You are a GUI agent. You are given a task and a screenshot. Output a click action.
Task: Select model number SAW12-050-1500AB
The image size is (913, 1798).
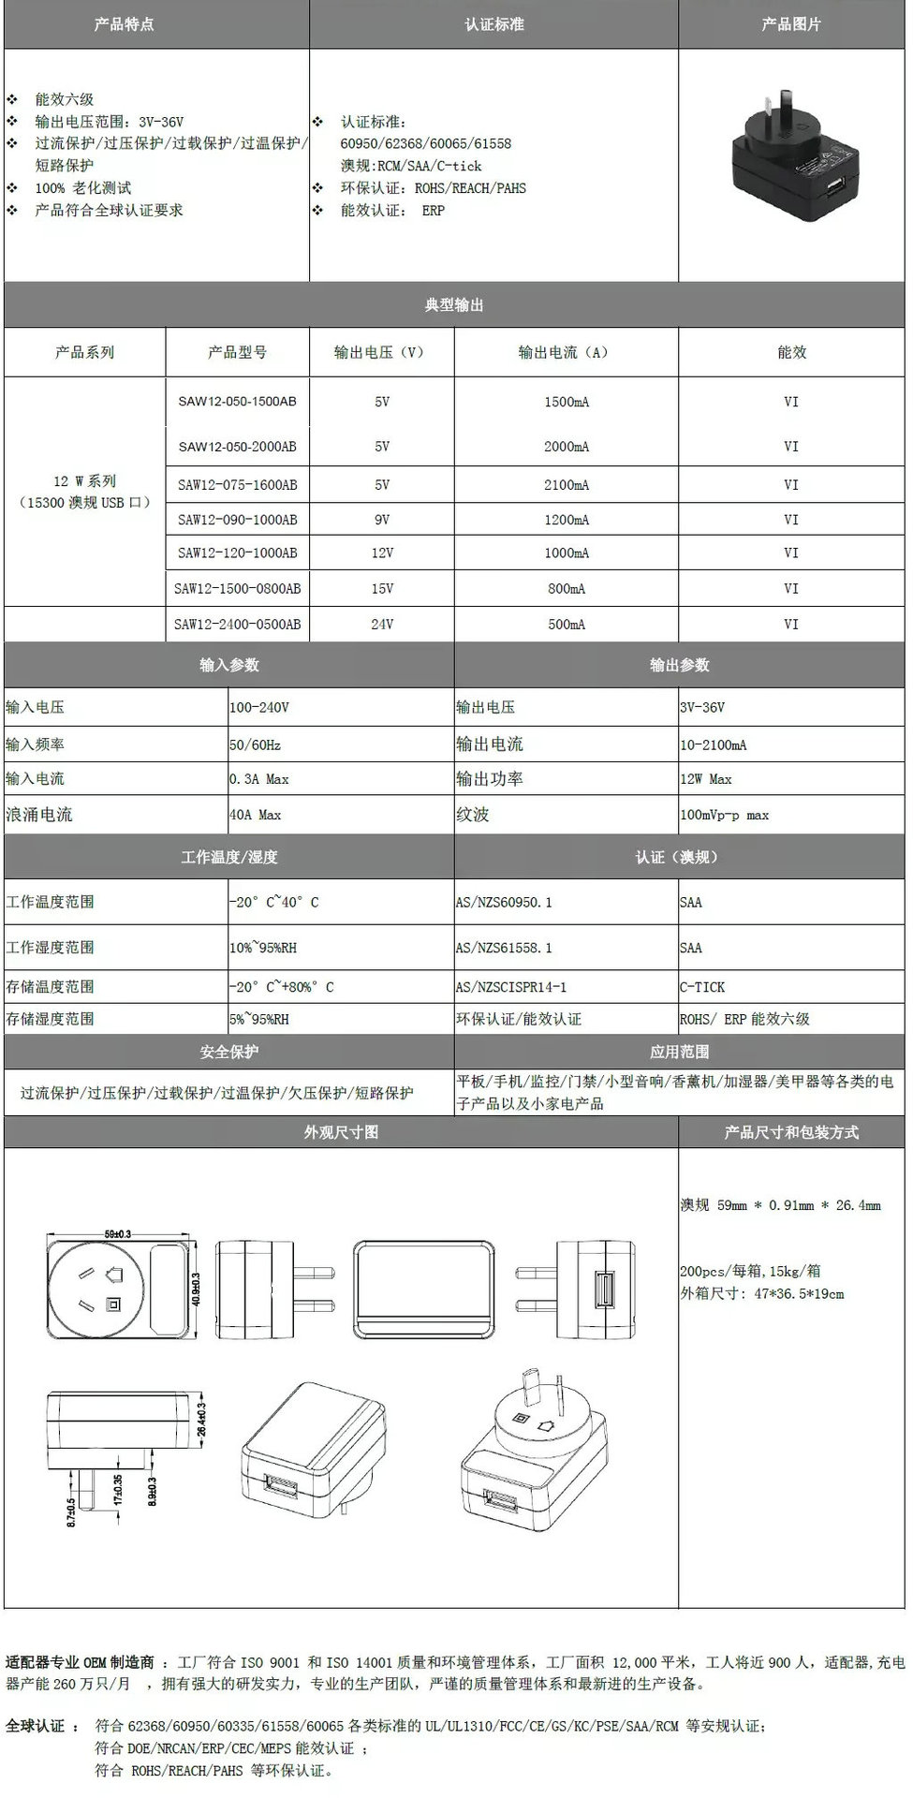tap(237, 402)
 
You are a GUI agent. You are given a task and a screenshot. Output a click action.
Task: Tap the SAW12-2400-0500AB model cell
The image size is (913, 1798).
tap(237, 624)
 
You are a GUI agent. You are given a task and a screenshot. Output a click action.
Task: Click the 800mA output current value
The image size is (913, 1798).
tap(567, 589)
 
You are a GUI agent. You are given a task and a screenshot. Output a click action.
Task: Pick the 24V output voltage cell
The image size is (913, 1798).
tap(382, 624)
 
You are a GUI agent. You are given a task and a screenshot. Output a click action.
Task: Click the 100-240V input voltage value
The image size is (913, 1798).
tap(259, 707)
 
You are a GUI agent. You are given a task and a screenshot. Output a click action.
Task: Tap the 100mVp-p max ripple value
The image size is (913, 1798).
tap(724, 815)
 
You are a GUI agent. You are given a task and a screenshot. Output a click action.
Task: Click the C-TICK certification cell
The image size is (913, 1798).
tap(702, 987)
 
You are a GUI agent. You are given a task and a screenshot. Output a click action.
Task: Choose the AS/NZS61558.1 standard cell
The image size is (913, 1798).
tap(504, 948)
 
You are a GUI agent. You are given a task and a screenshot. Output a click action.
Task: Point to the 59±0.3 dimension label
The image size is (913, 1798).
tap(117, 1233)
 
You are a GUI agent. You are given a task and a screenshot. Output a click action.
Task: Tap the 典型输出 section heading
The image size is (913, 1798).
tap(454, 305)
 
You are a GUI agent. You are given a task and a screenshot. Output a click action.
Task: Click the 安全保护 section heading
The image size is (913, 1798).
tap(228, 1052)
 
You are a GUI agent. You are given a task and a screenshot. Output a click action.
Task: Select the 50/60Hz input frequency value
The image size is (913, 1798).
tap(255, 745)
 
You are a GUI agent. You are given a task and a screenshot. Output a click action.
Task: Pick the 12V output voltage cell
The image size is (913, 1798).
tap(382, 553)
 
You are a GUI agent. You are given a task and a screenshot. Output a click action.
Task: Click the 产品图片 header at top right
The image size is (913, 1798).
tap(791, 24)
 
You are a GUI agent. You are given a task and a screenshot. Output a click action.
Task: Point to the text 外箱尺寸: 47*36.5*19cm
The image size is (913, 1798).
tap(761, 1294)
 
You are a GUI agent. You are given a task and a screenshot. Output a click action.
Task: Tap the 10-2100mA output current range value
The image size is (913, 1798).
tap(714, 745)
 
